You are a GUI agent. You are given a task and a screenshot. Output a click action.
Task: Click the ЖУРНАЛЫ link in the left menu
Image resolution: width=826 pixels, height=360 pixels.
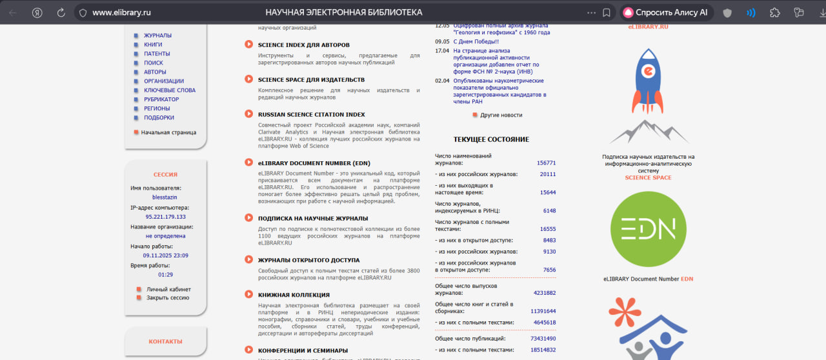pyautogui.click(x=157, y=35)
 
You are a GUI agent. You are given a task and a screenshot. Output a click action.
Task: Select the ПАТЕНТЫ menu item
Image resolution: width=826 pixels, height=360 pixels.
pyautogui.click(x=157, y=54)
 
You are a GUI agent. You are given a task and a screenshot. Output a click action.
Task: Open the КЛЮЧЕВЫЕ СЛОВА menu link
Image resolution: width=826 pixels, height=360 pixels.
pyautogui.click(x=169, y=90)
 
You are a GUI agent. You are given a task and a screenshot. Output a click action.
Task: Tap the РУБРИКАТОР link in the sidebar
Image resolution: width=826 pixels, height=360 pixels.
pyautogui.click(x=161, y=99)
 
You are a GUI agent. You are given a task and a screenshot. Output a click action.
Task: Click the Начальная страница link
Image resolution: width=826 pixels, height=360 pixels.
pyautogui.click(x=168, y=132)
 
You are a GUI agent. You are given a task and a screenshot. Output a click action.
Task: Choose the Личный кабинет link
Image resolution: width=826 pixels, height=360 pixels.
pyautogui.click(x=168, y=289)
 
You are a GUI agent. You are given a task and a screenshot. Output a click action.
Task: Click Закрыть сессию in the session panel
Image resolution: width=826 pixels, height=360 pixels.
pyautogui.click(x=168, y=298)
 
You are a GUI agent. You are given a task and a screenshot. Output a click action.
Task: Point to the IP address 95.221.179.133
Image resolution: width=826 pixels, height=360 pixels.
pyautogui.click(x=165, y=217)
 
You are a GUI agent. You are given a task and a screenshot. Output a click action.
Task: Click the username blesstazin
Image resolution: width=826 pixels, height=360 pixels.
pyautogui.click(x=165, y=197)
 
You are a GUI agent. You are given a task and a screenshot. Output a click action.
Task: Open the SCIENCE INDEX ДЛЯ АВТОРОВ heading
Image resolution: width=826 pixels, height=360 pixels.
pyautogui.click(x=303, y=45)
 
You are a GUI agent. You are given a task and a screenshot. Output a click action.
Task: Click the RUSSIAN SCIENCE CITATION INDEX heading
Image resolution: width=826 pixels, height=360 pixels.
pyautogui.click(x=311, y=114)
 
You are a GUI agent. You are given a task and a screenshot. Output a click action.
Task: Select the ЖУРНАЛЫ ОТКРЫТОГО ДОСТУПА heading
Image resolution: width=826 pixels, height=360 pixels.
pyautogui.click(x=309, y=259)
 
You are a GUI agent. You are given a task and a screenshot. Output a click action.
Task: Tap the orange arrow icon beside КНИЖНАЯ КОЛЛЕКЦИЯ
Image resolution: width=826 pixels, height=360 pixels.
pyautogui.click(x=248, y=294)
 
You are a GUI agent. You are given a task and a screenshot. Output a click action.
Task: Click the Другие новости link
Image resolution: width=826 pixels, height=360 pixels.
pyautogui.click(x=501, y=115)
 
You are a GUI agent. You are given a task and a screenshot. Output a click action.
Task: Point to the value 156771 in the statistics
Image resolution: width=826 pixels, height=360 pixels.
pyautogui.click(x=546, y=163)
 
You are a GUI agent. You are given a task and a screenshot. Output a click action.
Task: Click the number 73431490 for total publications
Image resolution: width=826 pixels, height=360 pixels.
pyautogui.click(x=543, y=338)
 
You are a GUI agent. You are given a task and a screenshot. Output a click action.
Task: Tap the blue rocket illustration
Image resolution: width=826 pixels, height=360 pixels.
pyautogui.click(x=649, y=81)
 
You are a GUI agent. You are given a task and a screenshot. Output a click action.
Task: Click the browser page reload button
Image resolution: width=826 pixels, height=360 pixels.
pyautogui.click(x=61, y=12)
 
